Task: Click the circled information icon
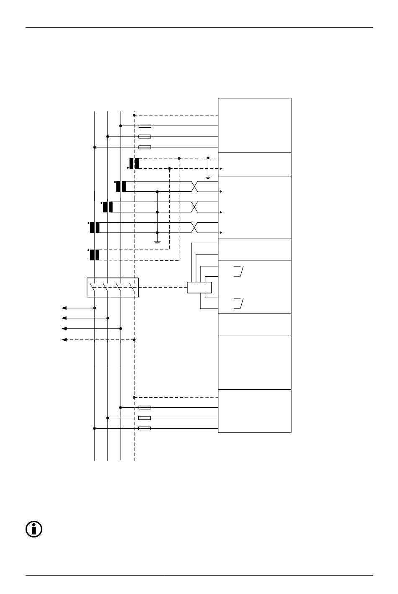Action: click(34, 530)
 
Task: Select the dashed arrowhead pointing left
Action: click(64, 339)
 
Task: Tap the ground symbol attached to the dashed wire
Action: click(208, 176)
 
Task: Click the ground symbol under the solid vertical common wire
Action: click(157, 242)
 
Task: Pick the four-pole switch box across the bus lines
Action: click(112, 288)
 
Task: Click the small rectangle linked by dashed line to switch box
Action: click(199, 288)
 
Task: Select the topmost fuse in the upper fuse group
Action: click(145, 126)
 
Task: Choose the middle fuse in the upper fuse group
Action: click(145, 136)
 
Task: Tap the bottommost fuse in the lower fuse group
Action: click(145, 428)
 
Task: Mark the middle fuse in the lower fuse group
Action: click(145, 418)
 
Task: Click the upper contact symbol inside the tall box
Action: click(239, 270)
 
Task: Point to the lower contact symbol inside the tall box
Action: click(239, 303)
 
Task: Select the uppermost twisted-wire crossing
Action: click(194, 187)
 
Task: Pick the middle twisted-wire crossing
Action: click(194, 207)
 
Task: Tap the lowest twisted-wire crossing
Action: click(194, 227)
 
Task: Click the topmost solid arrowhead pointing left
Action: click(64, 308)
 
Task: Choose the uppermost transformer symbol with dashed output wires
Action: click(134, 163)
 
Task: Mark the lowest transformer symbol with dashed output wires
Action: click(95, 255)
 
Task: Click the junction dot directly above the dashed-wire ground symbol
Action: click(208, 158)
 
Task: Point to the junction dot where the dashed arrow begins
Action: click(134, 339)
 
